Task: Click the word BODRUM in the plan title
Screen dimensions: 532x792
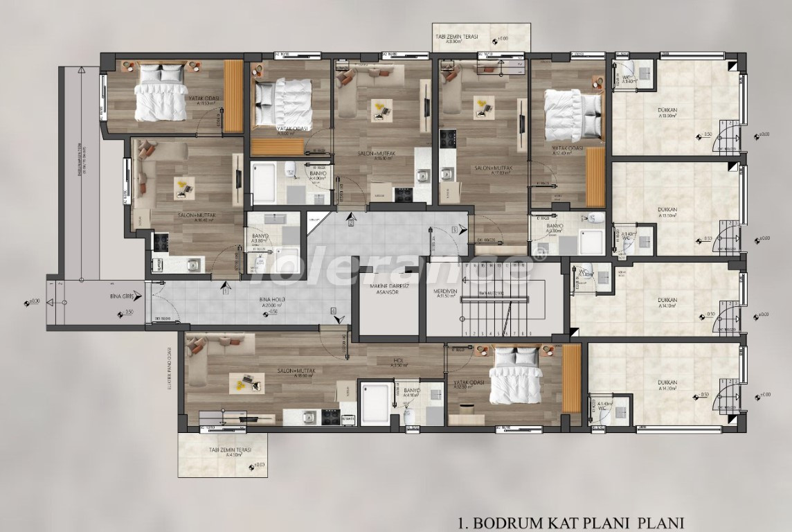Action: click(x=521, y=521)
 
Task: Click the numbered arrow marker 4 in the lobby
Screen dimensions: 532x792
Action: click(x=333, y=311)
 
